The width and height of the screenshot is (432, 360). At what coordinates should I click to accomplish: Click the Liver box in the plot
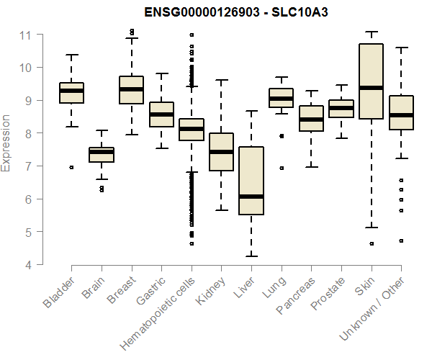(251, 180)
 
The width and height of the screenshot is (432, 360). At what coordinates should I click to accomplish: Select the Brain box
(101, 155)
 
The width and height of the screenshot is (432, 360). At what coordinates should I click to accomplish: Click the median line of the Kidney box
(221, 152)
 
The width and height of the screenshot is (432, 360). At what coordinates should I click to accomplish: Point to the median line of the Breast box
(131, 89)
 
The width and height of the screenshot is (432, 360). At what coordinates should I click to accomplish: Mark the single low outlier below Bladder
(71, 167)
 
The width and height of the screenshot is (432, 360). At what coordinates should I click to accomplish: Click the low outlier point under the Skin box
(372, 244)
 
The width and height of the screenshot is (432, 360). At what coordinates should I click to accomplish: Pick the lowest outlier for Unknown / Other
(401, 240)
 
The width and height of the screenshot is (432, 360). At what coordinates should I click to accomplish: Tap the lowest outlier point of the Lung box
(282, 168)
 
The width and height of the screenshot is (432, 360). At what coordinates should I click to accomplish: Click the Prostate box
(341, 109)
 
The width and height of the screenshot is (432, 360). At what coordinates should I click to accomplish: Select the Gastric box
(161, 114)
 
